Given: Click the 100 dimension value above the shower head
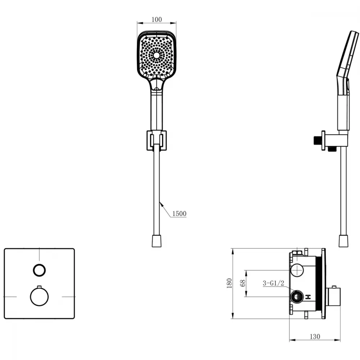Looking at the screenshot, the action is click(x=157, y=19).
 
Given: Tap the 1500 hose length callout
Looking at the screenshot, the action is click(x=179, y=213).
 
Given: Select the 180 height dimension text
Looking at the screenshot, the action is click(x=229, y=283).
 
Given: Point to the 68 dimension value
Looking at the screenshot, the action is click(x=243, y=283).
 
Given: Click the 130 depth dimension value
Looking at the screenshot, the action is click(x=315, y=337).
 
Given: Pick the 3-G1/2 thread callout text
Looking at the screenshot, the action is click(x=274, y=283).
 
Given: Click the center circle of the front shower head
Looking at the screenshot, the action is click(x=156, y=55).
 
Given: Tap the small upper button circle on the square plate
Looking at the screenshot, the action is click(x=39, y=270).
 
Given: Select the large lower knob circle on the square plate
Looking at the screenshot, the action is click(x=39, y=297).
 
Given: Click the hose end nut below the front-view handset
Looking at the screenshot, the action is click(x=157, y=241).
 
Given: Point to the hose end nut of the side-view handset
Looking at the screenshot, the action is click(x=343, y=241).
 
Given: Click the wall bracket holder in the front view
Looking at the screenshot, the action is click(x=157, y=140).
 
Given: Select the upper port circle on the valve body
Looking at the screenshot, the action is click(x=297, y=270).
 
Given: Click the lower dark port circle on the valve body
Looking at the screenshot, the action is click(x=297, y=297).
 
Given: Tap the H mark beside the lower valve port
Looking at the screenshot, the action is click(x=308, y=297).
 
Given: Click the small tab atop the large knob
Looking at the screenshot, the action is click(x=39, y=287).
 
